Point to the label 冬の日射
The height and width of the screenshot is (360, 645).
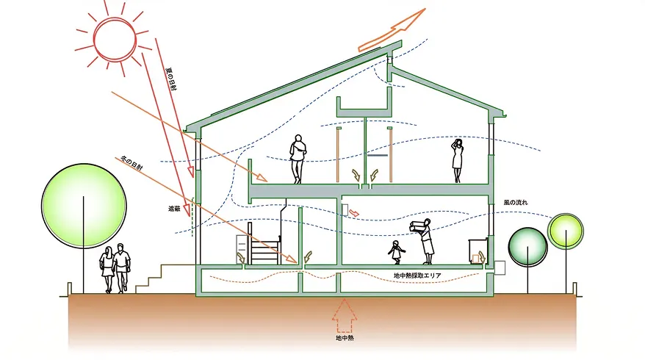(132, 163)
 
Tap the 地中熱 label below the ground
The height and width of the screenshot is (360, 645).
(344, 339)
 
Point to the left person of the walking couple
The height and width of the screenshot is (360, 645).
(109, 269)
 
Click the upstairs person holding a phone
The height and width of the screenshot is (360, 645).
(457, 160)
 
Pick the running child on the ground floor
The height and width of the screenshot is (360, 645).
(395, 252)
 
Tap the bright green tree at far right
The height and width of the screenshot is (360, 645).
(566, 231)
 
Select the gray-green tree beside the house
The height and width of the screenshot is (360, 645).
(527, 246)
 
